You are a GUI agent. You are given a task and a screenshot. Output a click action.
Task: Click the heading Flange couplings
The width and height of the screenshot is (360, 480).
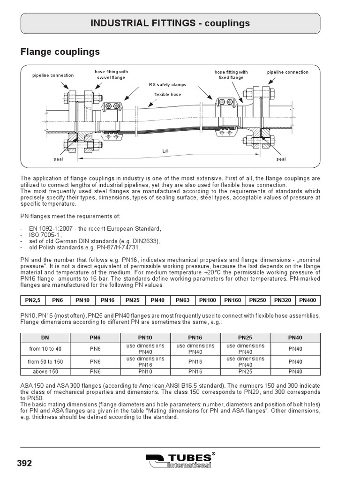pyautogui.click(x=60, y=51)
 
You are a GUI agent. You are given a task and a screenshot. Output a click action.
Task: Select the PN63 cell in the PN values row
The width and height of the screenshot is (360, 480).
pyautogui.click(x=182, y=300)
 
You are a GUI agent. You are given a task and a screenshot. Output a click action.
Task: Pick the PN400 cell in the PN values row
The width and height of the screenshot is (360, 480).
pyautogui.click(x=307, y=300)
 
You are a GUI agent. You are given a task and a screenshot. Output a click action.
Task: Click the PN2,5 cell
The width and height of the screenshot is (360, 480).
pyautogui.click(x=32, y=300)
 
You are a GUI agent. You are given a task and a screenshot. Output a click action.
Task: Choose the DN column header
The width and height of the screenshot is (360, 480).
pyautogui.click(x=45, y=337)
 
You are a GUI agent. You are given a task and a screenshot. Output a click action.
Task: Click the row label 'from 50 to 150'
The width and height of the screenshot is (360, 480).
pyautogui.click(x=45, y=361)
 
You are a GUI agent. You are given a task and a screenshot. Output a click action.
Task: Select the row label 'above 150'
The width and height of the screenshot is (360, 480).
pyautogui.click(x=45, y=371)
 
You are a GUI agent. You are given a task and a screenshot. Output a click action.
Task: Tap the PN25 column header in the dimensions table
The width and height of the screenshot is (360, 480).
pyautogui.click(x=245, y=337)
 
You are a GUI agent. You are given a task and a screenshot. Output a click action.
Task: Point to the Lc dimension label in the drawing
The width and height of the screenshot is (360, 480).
pyautogui.click(x=165, y=151)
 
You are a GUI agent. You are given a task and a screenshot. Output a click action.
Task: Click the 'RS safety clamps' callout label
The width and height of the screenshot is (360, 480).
pyautogui.click(x=167, y=85)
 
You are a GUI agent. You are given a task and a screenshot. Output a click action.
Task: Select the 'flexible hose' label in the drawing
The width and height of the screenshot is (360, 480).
pyautogui.click(x=167, y=94)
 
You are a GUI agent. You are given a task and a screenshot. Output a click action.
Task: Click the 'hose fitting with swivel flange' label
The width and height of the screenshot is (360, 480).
pyautogui.click(x=111, y=75)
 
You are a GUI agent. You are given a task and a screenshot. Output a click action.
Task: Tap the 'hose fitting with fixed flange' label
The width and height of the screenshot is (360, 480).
pyautogui.click(x=231, y=75)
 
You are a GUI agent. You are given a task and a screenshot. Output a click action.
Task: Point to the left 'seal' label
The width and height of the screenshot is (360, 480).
pyautogui.click(x=58, y=159)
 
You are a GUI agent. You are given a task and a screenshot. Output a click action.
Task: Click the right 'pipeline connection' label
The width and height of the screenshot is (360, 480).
pyautogui.click(x=288, y=72)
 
